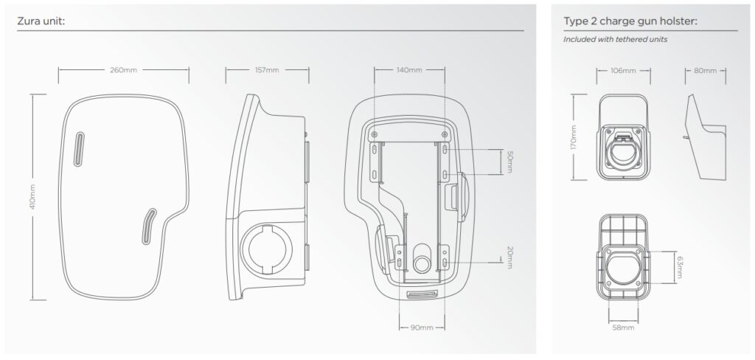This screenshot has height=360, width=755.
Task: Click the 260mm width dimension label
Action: pyautogui.click(x=123, y=70)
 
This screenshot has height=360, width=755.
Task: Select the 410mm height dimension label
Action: pyautogui.click(x=33, y=198)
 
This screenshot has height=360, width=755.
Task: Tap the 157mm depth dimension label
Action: pyautogui.click(x=266, y=70)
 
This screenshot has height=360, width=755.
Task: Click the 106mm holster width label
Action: pyautogui.click(x=623, y=71)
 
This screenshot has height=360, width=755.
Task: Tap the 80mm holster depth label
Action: pyautogui.click(x=705, y=71)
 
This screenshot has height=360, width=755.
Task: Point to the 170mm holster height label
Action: pyautogui.click(x=575, y=136)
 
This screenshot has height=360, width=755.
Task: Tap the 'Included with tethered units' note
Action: pyautogui.click(x=615, y=39)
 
